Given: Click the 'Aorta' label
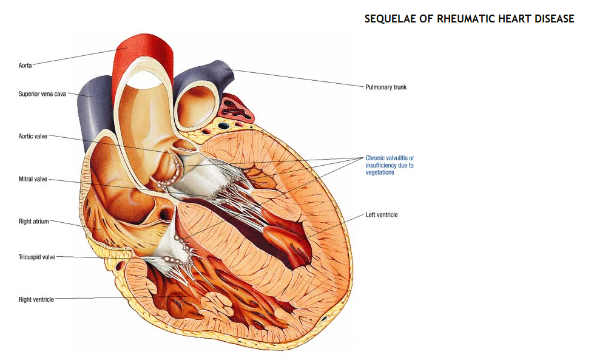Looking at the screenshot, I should [25, 65].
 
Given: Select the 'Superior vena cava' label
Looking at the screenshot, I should [42, 94].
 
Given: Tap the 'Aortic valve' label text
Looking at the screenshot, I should [33, 137].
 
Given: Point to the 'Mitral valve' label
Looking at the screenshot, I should [33, 180].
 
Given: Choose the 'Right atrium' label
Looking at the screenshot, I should [33, 222].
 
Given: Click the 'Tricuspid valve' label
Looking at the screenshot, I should [36, 257].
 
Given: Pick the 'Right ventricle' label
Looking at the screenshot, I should [36, 299].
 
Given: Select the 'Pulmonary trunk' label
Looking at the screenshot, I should [386, 87].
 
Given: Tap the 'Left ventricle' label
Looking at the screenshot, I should [382, 215].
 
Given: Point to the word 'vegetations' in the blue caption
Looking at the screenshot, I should [380, 172].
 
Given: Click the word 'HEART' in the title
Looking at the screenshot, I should [511, 19].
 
